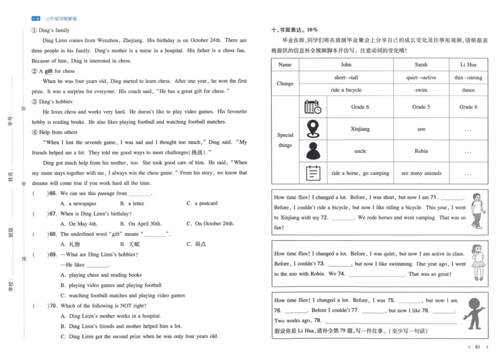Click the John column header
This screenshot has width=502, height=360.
[x=346, y=65]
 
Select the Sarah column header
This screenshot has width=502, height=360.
[x=420, y=65]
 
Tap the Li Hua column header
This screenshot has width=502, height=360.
[x=468, y=65]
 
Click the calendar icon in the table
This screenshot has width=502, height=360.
[x=312, y=107]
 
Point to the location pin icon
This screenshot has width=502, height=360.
[x=312, y=129]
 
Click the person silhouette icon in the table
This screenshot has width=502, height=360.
[x=312, y=151]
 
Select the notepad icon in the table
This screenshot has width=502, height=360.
[x=312, y=173]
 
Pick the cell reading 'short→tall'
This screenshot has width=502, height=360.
[x=346, y=78]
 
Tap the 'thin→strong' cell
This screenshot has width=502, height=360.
[x=468, y=78]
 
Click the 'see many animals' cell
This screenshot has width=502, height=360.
[x=420, y=173]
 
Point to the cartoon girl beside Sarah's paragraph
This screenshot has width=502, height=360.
[x=478, y=262]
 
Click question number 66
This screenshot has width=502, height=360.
[x=53, y=194]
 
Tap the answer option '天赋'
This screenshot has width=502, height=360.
[x=134, y=243]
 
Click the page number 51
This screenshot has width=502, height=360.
[x=478, y=347]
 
